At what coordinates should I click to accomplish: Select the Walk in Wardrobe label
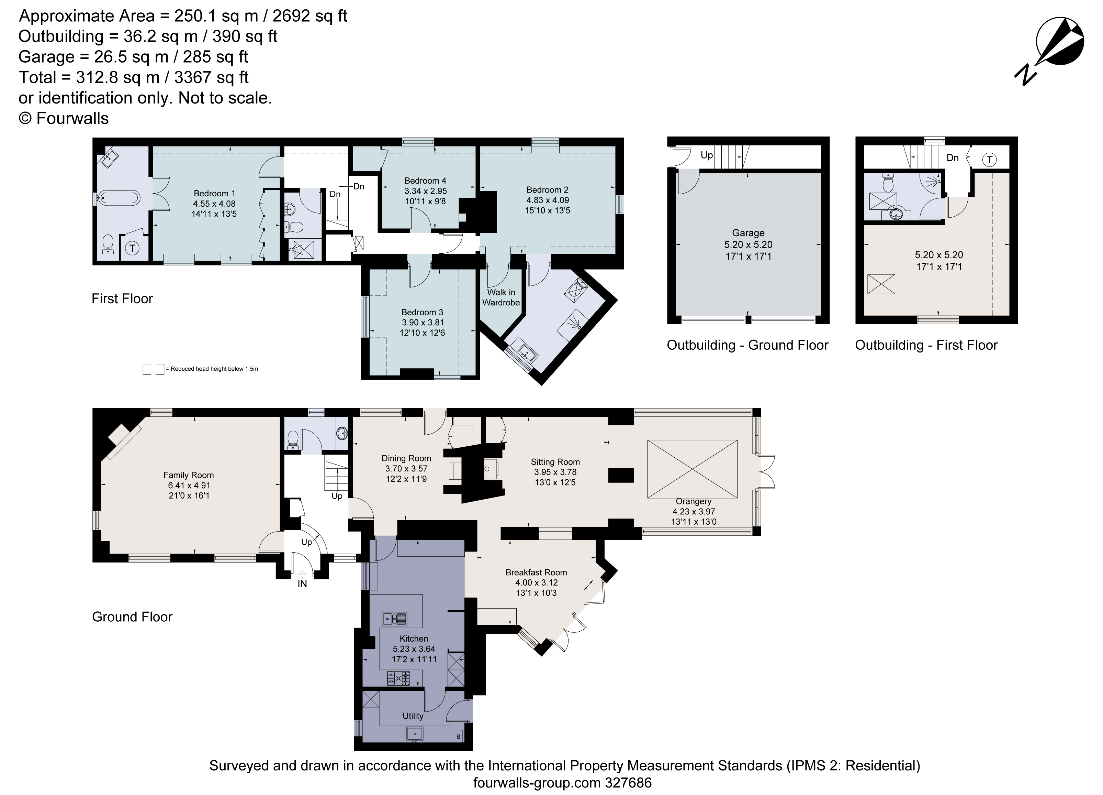(x=501, y=297)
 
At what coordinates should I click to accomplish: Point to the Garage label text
(x=748, y=233)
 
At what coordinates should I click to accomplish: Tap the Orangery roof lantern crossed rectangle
(x=692, y=469)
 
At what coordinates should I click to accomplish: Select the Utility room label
(x=413, y=716)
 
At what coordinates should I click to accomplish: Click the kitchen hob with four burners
(x=398, y=678)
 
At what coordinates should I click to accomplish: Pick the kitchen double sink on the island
(x=394, y=619)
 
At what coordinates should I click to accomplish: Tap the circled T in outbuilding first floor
(x=989, y=160)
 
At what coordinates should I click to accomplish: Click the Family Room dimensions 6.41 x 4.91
(x=189, y=486)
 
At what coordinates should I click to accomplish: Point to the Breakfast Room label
(x=536, y=573)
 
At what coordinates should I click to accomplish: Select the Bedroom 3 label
(x=422, y=312)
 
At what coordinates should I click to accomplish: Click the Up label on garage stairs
(x=707, y=155)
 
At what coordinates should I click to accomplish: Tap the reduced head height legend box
(x=153, y=369)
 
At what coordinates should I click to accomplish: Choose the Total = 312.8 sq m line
(x=134, y=77)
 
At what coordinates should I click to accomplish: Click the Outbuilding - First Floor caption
(x=926, y=345)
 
